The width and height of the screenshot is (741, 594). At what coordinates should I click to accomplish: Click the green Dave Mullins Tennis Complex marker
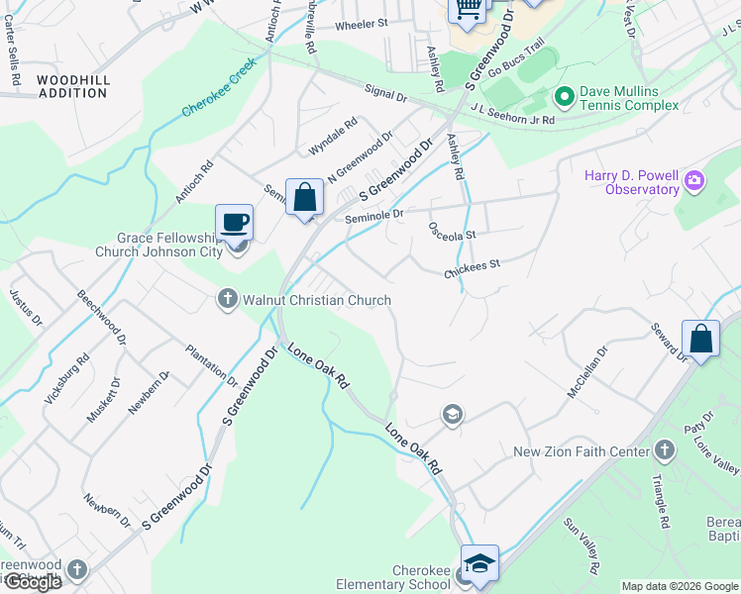point(565,97)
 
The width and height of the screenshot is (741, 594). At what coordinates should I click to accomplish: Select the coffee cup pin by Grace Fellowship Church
point(235,222)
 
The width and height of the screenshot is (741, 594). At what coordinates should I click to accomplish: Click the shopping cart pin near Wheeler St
point(468,10)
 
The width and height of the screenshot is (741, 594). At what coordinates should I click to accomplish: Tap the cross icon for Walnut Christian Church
point(227,298)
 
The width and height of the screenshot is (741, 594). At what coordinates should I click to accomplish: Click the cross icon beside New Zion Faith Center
point(665,451)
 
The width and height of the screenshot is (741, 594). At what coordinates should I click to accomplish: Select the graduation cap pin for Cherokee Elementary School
point(479,562)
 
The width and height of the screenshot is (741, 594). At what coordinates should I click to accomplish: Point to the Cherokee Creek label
point(219,87)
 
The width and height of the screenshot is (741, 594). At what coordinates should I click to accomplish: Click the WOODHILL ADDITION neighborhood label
point(71,86)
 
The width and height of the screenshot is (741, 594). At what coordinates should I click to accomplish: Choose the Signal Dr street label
point(386,95)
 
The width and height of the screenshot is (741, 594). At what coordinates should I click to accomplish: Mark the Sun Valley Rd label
point(582,544)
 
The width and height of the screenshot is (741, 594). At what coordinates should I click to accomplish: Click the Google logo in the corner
point(32,581)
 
